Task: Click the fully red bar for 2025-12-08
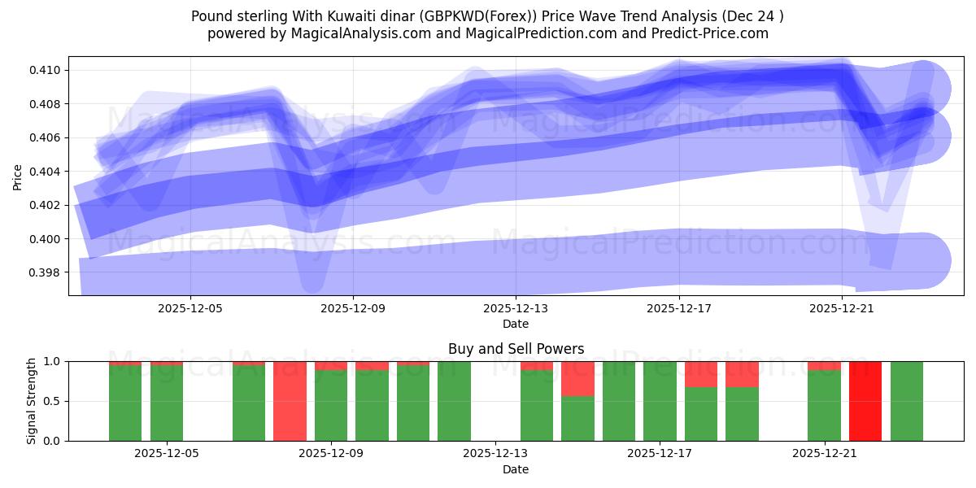(290, 401)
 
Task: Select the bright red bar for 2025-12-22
(865, 401)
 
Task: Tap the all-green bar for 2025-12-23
(906, 401)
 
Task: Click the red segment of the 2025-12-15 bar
(577, 378)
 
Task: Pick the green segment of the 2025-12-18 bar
(701, 414)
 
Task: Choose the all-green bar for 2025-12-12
(454, 401)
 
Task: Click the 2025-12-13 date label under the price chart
(516, 309)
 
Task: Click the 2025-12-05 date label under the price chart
(190, 309)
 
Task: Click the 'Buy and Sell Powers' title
(516, 349)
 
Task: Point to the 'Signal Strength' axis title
(32, 401)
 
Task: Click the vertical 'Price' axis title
(18, 176)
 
